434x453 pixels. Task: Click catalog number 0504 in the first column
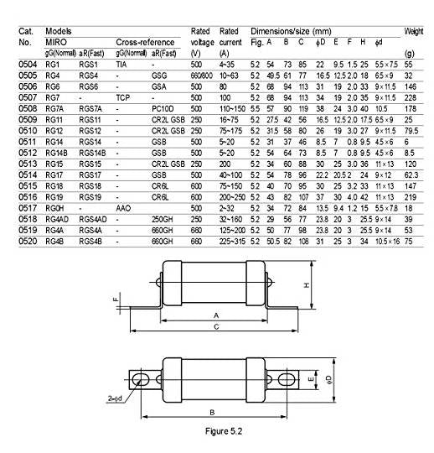coord(28,64)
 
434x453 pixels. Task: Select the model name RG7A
coord(54,108)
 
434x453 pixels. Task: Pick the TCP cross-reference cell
coord(123,97)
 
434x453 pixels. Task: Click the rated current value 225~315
coord(232,242)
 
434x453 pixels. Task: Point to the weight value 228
coord(410,97)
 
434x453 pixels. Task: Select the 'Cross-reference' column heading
coord(145,42)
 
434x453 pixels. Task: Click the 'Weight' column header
coord(414,31)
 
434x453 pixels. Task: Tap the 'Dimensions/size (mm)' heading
coord(291,31)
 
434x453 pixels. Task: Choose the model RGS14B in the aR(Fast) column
coord(92,153)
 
